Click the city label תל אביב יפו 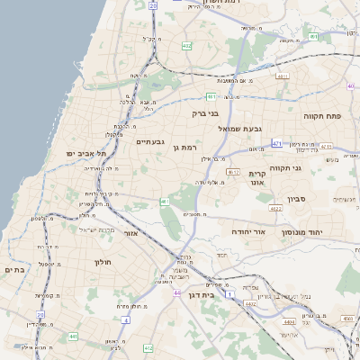(x=85, y=154)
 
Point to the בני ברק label (x=205, y=114)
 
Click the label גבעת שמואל (x=240, y=129)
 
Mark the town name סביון (x=298, y=199)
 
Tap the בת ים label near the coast (x=13, y=269)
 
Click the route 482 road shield (x=186, y=45)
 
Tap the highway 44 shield (x=178, y=292)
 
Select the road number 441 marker (x=72, y=337)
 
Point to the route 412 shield (x=148, y=347)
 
